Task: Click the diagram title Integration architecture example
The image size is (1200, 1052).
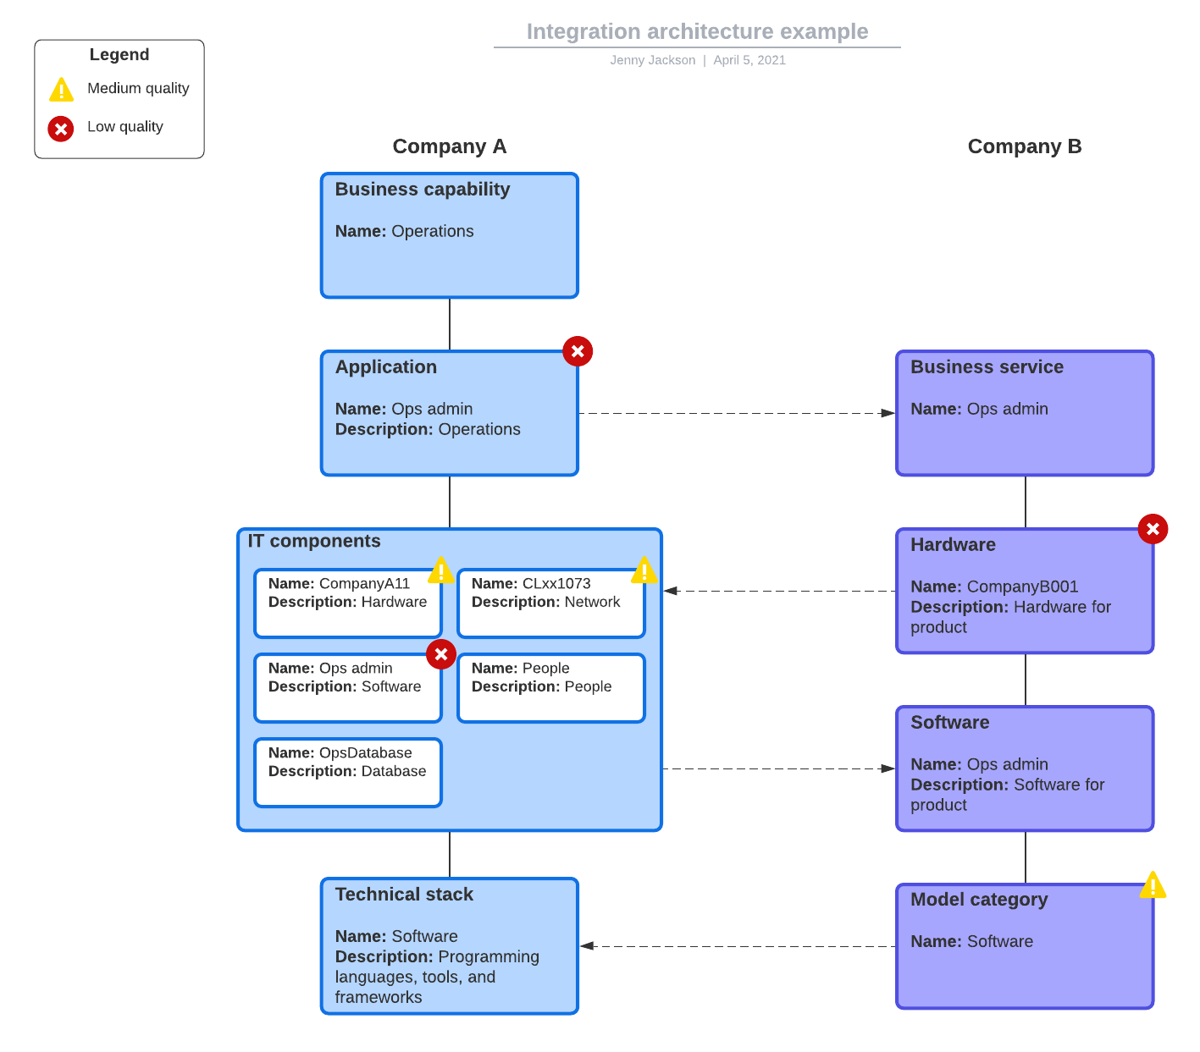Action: [x=697, y=31]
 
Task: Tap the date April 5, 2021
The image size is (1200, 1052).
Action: [x=749, y=60]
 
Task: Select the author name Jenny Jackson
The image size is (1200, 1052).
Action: [x=652, y=60]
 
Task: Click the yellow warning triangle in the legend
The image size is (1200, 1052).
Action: [x=61, y=90]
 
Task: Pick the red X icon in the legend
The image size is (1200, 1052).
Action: [x=61, y=129]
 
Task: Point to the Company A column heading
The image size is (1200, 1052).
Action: [x=449, y=146]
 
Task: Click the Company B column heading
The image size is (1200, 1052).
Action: [x=1024, y=146]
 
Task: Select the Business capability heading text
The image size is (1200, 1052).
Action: [x=422, y=190]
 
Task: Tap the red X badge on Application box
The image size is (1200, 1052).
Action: [x=578, y=351]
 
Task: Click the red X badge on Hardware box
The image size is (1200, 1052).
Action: [x=1153, y=529]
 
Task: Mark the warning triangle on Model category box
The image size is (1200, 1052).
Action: [x=1153, y=886]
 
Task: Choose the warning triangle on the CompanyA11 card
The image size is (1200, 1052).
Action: [x=440, y=571]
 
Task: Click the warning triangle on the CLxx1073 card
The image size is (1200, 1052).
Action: [x=644, y=571]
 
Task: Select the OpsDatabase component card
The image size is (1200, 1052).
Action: [x=348, y=772]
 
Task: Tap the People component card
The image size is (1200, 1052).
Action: [x=551, y=687]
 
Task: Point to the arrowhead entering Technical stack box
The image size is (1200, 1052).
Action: [x=587, y=946]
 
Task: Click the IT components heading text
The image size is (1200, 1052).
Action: [x=313, y=542]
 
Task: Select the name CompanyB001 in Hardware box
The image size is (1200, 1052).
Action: [x=1022, y=587]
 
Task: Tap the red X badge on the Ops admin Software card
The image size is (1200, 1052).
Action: [x=441, y=654]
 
